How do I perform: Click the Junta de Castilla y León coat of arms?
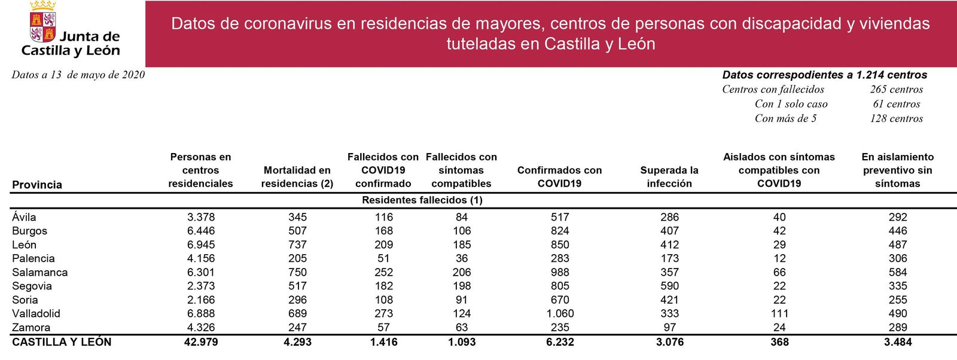pyautogui.click(x=42, y=22)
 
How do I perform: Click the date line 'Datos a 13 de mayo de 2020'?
pyautogui.click(x=78, y=75)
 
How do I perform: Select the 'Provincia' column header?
pyautogui.click(x=37, y=185)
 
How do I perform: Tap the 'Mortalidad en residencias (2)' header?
pyautogui.click(x=297, y=177)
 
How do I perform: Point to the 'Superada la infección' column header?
pyautogui.click(x=669, y=177)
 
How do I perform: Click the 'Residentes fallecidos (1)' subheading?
pyautogui.click(x=422, y=200)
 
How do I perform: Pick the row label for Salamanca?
pyautogui.click(x=40, y=272)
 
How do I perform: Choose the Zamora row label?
pyautogui.click(x=31, y=327)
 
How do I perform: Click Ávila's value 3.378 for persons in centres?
pyautogui.click(x=201, y=217)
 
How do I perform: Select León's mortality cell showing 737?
pyautogui.click(x=297, y=245)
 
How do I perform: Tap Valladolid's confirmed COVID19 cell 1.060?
pyautogui.click(x=560, y=313)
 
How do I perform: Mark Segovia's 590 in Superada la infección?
pyautogui.click(x=669, y=286)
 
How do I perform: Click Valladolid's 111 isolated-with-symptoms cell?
pyautogui.click(x=779, y=313)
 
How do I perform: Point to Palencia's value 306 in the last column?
pyautogui.click(x=898, y=258)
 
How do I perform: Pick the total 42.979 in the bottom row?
pyautogui.click(x=201, y=342)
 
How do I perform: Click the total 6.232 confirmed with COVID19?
pyautogui.click(x=560, y=342)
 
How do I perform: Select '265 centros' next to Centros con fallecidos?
pyautogui.click(x=897, y=90)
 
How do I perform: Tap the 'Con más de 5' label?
pyautogui.click(x=785, y=118)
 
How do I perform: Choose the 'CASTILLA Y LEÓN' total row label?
pyautogui.click(x=62, y=342)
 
